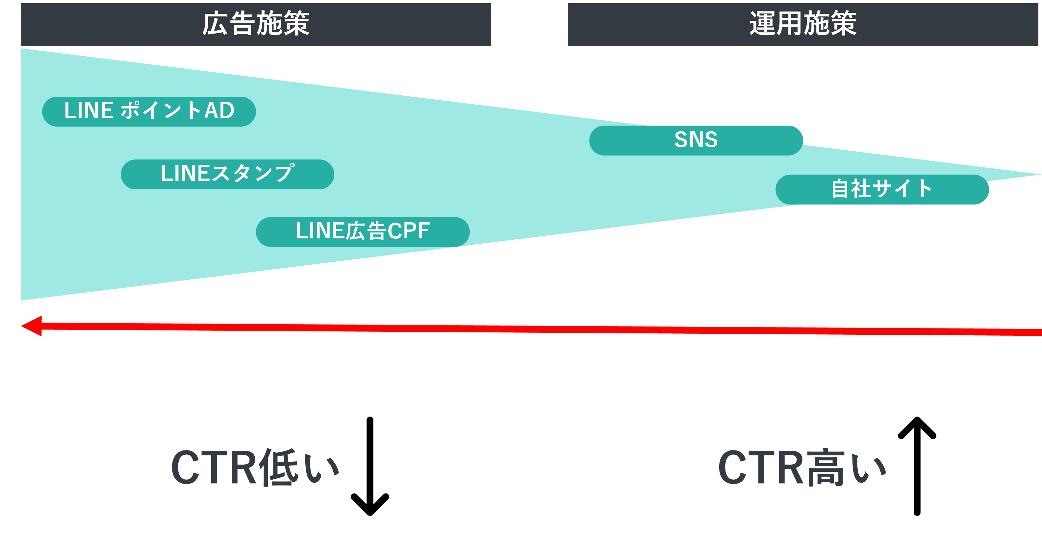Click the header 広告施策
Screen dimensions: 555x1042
256,24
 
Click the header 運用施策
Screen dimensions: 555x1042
802,24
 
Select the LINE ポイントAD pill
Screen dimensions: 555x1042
149,111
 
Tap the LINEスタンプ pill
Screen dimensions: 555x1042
227,174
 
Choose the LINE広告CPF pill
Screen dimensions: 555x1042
363,231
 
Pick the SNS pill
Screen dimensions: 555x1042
696,140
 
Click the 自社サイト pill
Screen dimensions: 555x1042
882,189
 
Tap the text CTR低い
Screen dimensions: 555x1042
255,467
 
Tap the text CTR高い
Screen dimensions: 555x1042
802,467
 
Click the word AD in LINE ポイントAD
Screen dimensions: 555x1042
219,110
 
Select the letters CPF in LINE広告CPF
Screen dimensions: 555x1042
409,231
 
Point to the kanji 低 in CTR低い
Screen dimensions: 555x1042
279,467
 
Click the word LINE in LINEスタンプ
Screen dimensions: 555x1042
185,173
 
